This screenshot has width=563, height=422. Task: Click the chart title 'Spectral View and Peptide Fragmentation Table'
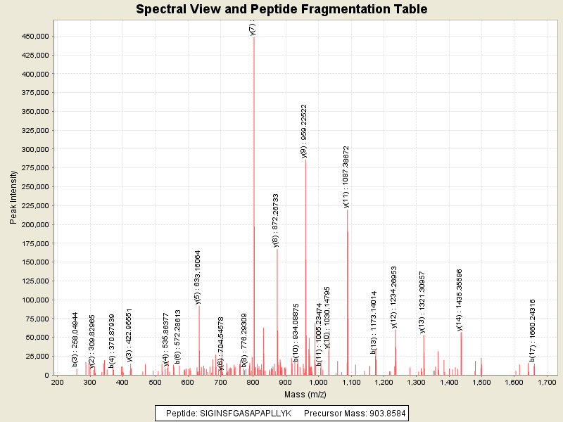click(x=281, y=9)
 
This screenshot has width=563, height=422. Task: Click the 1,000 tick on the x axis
click(x=318, y=382)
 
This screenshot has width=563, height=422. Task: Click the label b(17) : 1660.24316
click(x=533, y=331)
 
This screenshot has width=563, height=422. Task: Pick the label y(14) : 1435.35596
click(x=460, y=299)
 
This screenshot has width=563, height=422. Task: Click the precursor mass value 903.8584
click(x=382, y=413)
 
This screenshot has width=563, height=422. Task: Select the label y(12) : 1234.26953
click(x=394, y=297)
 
